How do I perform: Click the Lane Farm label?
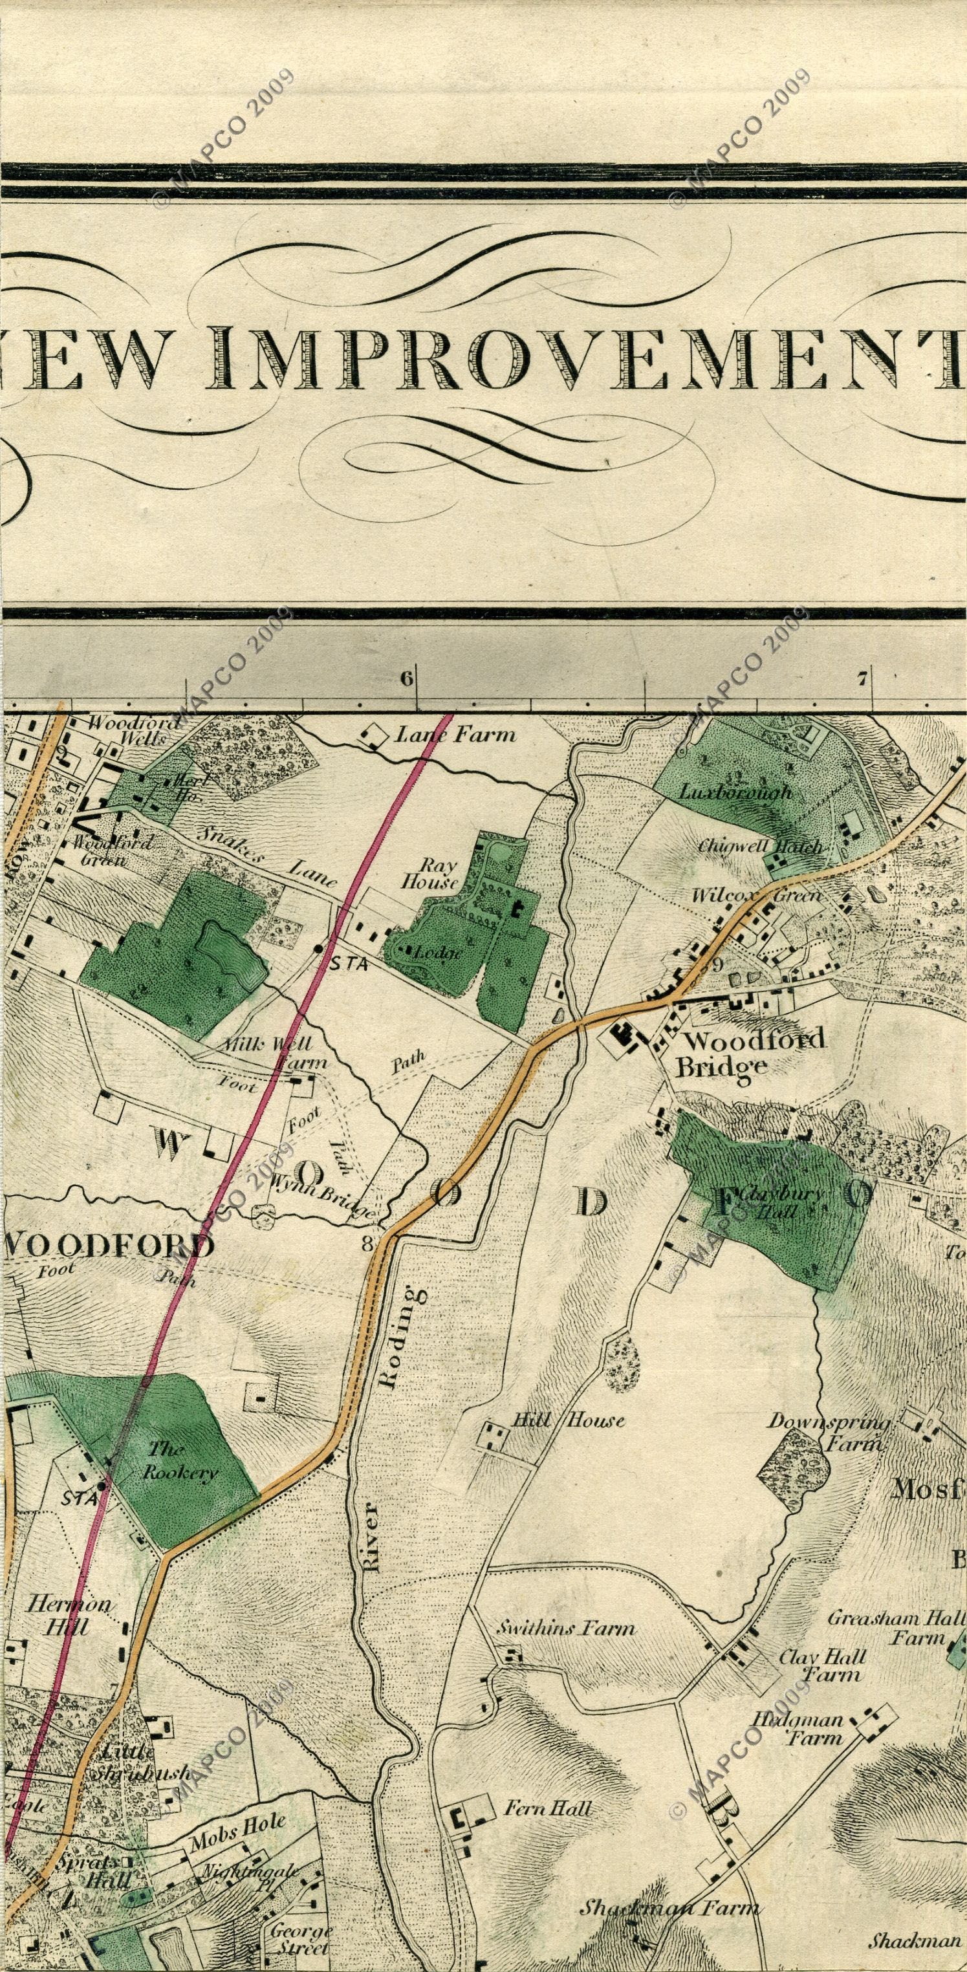click(x=455, y=735)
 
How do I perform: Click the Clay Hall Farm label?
click(x=822, y=1661)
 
